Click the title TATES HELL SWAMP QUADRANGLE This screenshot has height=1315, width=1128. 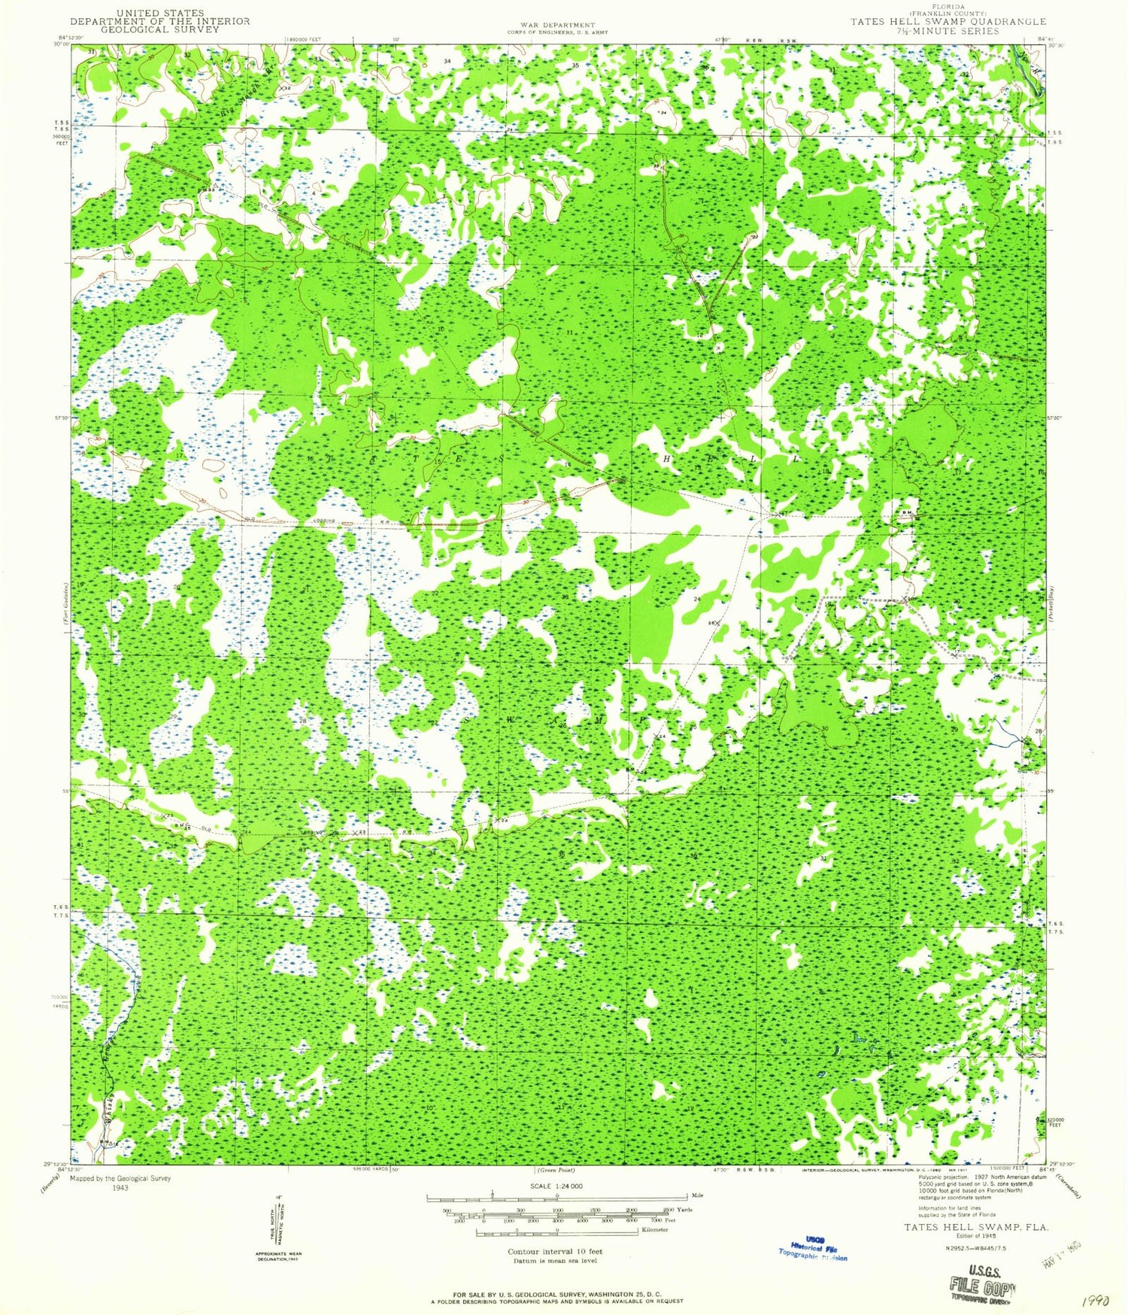tap(948, 22)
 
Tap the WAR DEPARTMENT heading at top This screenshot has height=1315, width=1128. tap(557, 26)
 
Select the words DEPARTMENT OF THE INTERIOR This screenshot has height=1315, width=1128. tap(160, 21)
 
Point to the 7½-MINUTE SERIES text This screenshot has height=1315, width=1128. tap(948, 31)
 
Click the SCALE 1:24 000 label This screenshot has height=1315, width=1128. tap(557, 1186)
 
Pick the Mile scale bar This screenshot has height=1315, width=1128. tap(557, 1196)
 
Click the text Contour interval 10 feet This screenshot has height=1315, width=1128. tap(556, 1252)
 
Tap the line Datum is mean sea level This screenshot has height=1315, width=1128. tap(556, 1260)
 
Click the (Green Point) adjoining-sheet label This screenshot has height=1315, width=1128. tap(556, 1171)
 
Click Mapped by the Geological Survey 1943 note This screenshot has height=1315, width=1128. tap(120, 1183)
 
